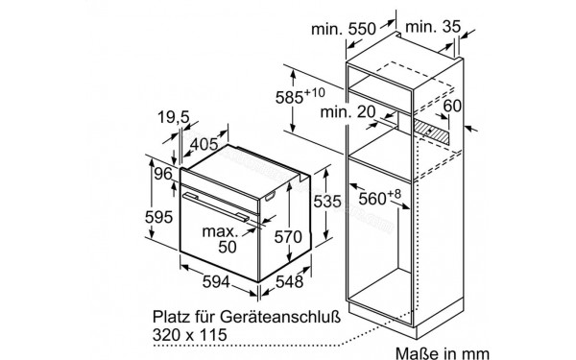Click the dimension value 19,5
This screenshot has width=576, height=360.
point(174,118)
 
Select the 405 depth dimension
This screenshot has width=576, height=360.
point(202,143)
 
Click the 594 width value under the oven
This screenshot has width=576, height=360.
point(220,281)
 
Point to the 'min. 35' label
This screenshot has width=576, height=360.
point(429,29)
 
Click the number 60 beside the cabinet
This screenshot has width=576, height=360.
point(451,106)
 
